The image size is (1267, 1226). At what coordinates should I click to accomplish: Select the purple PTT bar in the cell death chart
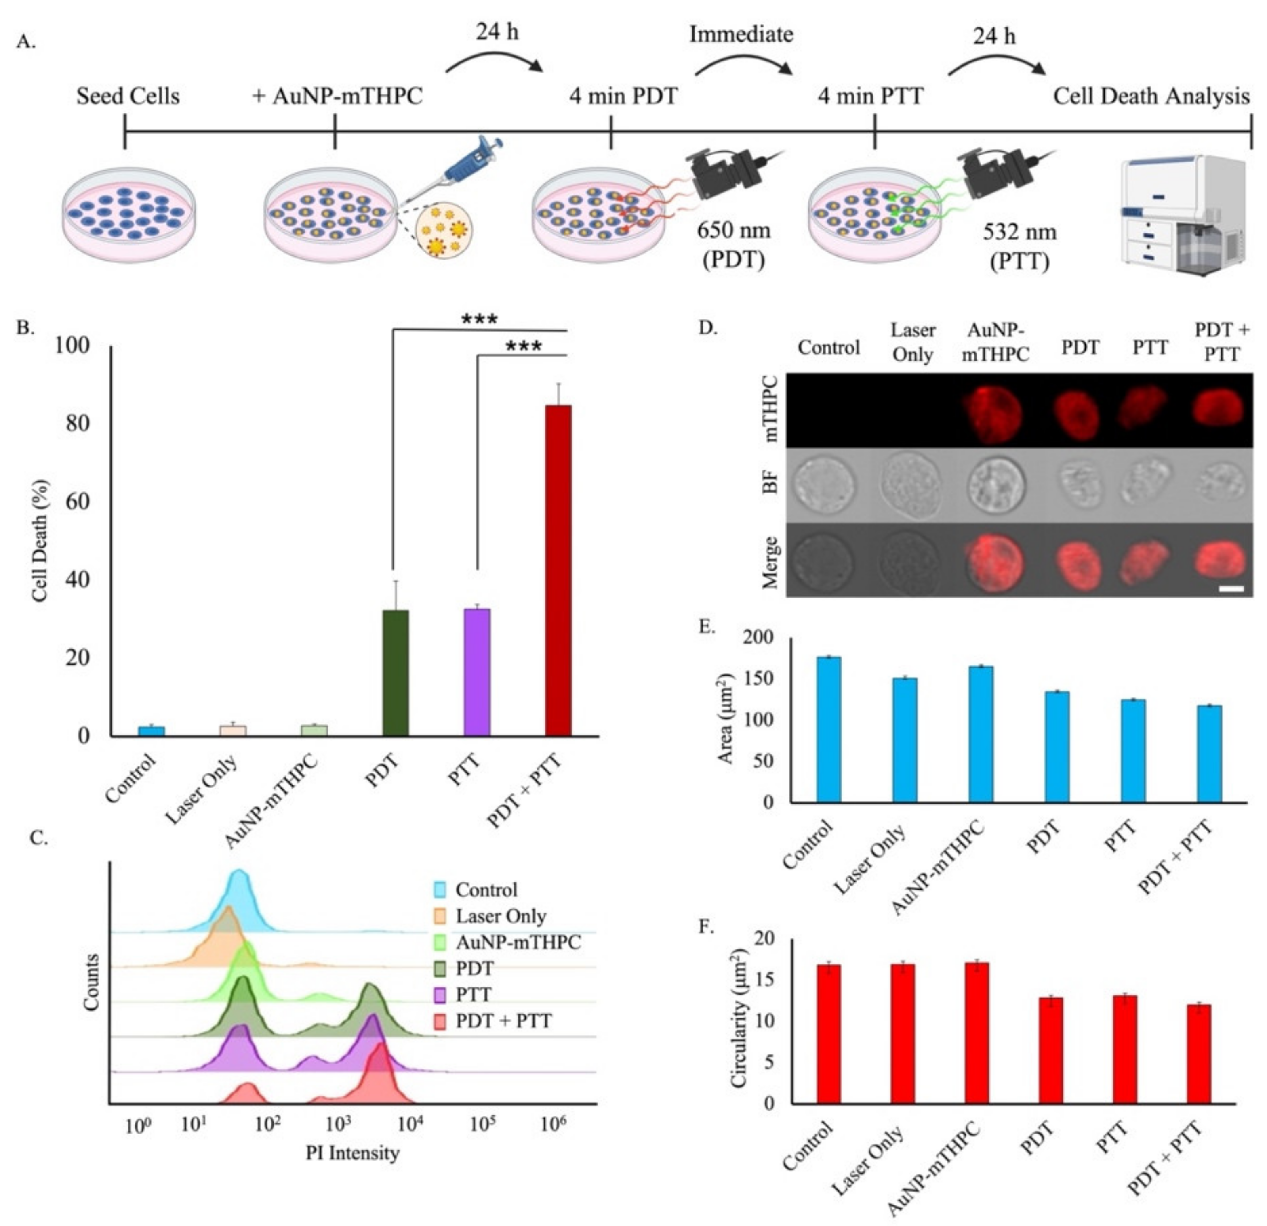coord(477,672)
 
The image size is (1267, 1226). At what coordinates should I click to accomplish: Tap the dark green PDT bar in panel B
coord(396,672)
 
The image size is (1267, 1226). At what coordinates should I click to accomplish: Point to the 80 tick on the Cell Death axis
coord(78,423)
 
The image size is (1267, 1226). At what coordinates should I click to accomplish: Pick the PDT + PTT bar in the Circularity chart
coord(1199,1054)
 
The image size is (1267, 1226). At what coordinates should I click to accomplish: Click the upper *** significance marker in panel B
coord(479,319)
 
